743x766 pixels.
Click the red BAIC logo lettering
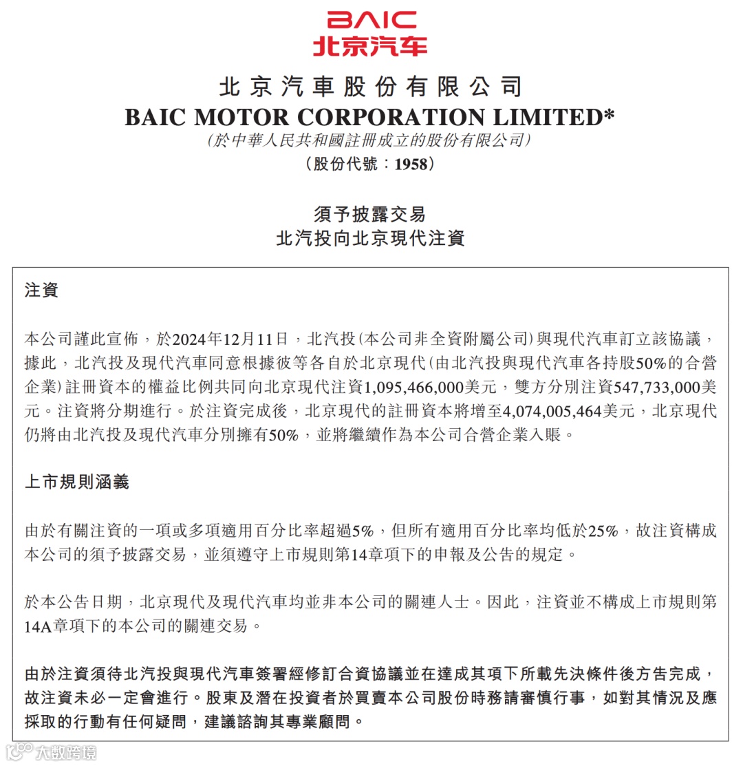pos(371,20)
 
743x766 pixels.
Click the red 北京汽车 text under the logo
pos(371,45)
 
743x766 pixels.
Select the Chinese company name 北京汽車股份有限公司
pos(371,87)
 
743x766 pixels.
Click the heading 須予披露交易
pos(371,213)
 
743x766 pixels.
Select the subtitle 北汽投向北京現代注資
pos(371,238)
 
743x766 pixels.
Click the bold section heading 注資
pos(41,290)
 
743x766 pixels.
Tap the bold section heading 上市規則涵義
pos(76,482)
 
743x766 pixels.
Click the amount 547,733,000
pos(638,387)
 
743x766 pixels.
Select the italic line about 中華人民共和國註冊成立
pos(371,140)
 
